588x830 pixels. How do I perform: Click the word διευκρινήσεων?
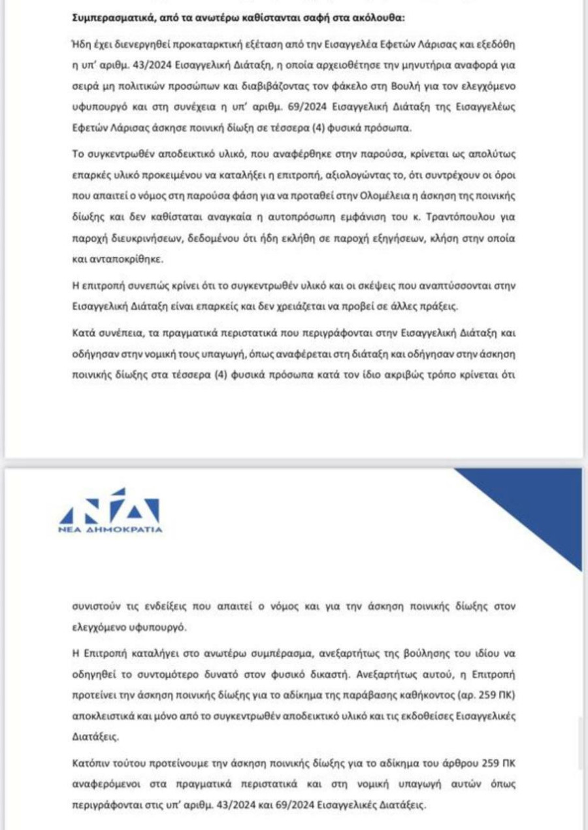tap(133, 239)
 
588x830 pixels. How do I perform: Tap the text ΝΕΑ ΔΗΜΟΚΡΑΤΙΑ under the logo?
tap(110, 529)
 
